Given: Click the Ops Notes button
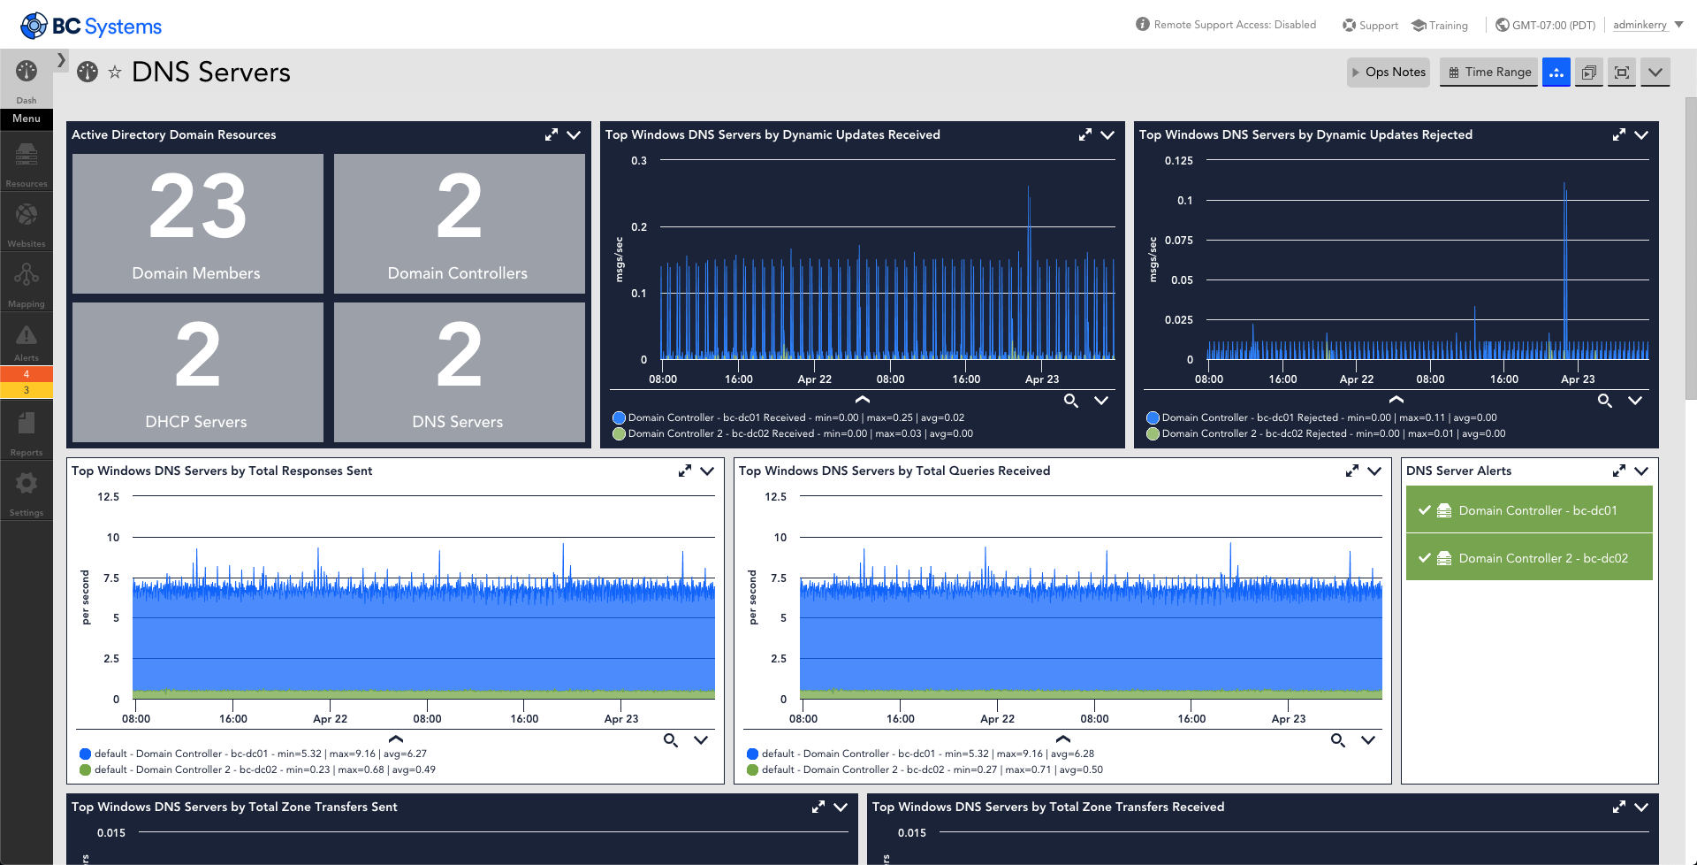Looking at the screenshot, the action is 1389,73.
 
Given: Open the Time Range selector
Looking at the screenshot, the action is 1489,73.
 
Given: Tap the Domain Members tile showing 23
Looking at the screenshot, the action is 198,224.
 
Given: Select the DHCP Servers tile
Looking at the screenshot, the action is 198,372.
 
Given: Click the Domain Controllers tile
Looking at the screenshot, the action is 460,224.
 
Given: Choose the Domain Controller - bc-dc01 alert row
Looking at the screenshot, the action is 1529,510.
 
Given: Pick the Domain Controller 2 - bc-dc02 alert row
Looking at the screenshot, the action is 1529,558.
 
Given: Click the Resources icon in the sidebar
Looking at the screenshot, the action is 27,164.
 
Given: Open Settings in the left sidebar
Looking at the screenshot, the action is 27,493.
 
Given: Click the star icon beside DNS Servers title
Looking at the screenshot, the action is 115,73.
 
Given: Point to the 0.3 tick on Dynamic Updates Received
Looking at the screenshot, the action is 639,161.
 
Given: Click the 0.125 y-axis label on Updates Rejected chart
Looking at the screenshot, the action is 1179,161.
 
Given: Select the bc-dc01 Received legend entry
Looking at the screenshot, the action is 788,417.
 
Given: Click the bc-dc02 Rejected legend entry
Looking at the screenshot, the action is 1326,433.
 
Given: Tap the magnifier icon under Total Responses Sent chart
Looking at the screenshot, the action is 671,740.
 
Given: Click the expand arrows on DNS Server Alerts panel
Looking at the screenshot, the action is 1618,471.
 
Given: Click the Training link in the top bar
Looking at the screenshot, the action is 1440,26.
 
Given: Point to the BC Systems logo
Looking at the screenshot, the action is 91,26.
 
